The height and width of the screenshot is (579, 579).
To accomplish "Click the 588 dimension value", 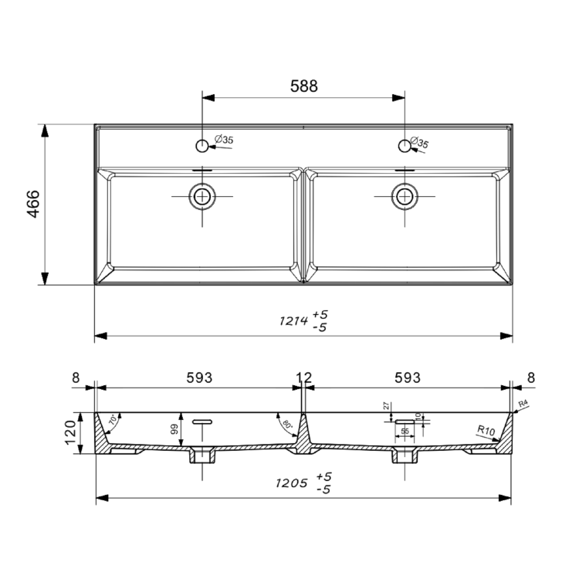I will click(303, 86).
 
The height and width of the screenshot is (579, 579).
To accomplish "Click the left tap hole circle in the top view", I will click(202, 145).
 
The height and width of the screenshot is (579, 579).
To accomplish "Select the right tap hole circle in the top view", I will click(403, 145).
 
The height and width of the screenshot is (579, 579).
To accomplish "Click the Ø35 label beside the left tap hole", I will click(223, 140).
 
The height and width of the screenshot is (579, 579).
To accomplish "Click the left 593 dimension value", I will click(199, 378).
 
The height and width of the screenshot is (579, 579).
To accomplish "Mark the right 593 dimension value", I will click(408, 378).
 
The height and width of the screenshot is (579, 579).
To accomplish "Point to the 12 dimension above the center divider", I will click(304, 378).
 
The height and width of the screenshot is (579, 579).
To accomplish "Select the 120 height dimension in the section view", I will click(69, 433).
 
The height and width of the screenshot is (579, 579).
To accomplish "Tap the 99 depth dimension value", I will click(174, 430).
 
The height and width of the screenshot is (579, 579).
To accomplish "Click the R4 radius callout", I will click(523, 405).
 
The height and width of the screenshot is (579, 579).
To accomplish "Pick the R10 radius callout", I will click(486, 430).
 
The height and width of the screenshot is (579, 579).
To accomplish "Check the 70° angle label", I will click(113, 422).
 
